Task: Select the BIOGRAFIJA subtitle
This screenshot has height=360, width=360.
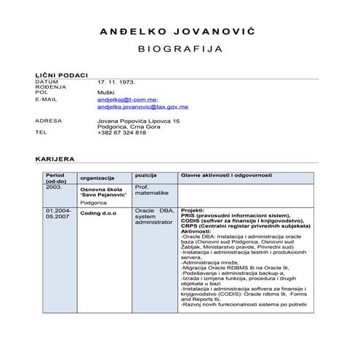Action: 179,52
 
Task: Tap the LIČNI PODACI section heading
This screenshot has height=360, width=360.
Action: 61,75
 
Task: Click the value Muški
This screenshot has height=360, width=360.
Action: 105,93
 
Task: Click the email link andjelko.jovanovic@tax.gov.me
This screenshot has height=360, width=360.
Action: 143,106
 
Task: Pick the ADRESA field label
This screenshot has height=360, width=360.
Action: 48,119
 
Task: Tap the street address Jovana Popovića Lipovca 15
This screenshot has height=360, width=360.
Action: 138,119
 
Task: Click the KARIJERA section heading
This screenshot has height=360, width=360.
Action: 55,159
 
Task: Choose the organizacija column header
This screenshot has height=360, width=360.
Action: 97,178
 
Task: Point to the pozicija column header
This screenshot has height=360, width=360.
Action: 146,175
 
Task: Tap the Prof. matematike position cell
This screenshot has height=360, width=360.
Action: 151,191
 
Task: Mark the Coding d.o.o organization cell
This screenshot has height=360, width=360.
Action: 98,214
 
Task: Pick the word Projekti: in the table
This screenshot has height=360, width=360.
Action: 193,210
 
